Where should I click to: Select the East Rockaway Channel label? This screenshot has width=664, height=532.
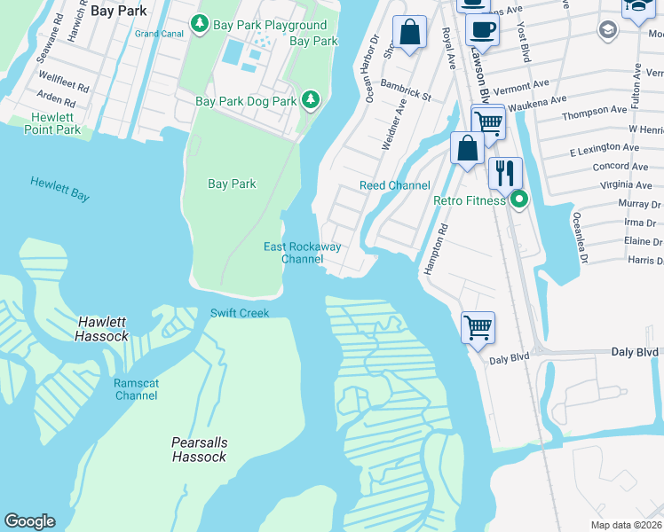302,253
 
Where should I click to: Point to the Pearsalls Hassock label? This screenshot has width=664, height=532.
199,450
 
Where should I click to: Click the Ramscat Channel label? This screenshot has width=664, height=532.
136,389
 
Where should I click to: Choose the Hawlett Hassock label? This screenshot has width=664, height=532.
102,329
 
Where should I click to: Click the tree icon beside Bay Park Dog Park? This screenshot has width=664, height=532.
311,101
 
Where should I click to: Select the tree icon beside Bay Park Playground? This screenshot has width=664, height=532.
201,25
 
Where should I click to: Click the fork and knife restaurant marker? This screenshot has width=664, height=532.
505,171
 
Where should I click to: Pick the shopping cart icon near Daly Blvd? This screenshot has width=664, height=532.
478,327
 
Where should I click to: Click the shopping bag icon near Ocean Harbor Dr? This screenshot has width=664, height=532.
409,34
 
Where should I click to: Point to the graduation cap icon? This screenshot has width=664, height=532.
608,29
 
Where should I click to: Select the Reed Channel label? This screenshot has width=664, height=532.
394,185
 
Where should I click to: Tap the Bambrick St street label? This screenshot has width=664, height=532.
406,89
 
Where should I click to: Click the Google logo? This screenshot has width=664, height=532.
29,521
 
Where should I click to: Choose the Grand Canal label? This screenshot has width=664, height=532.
158,34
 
